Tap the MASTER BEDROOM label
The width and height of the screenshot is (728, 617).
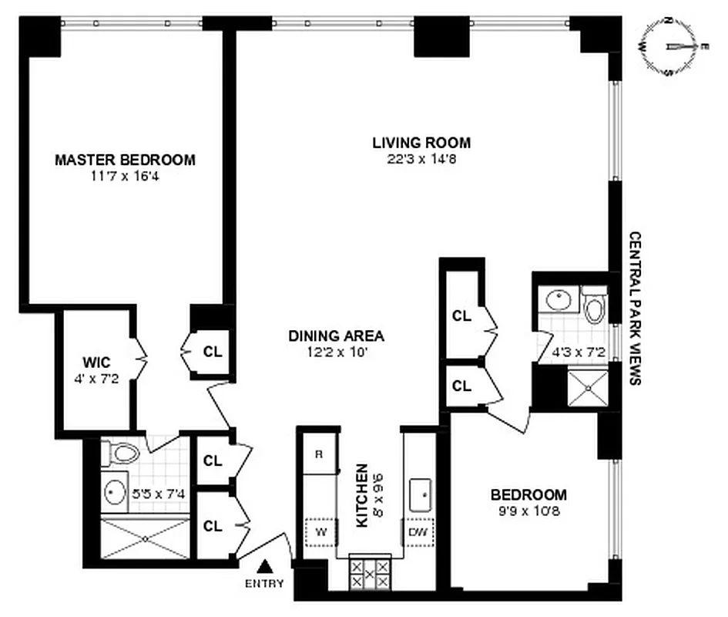tap(125, 160)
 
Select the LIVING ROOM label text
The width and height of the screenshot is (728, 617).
tap(421, 143)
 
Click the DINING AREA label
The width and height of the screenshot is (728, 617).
tap(336, 336)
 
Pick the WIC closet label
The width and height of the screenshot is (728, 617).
tap(97, 362)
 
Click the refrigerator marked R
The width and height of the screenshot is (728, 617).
tap(317, 454)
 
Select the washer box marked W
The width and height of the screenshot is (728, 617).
tap(318, 531)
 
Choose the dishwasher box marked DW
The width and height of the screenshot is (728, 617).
tap(417, 531)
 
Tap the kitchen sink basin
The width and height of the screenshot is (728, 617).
tap(421, 494)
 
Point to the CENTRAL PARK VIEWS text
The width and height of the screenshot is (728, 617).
tap(636, 308)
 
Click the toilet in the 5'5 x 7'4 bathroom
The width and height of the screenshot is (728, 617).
tap(119, 454)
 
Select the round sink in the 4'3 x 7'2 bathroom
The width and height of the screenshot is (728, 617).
tap(555, 299)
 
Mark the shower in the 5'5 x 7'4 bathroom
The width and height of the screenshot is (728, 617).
tap(146, 538)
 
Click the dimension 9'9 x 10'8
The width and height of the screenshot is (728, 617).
tap(528, 511)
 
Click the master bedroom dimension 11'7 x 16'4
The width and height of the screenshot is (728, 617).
tap(125, 177)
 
